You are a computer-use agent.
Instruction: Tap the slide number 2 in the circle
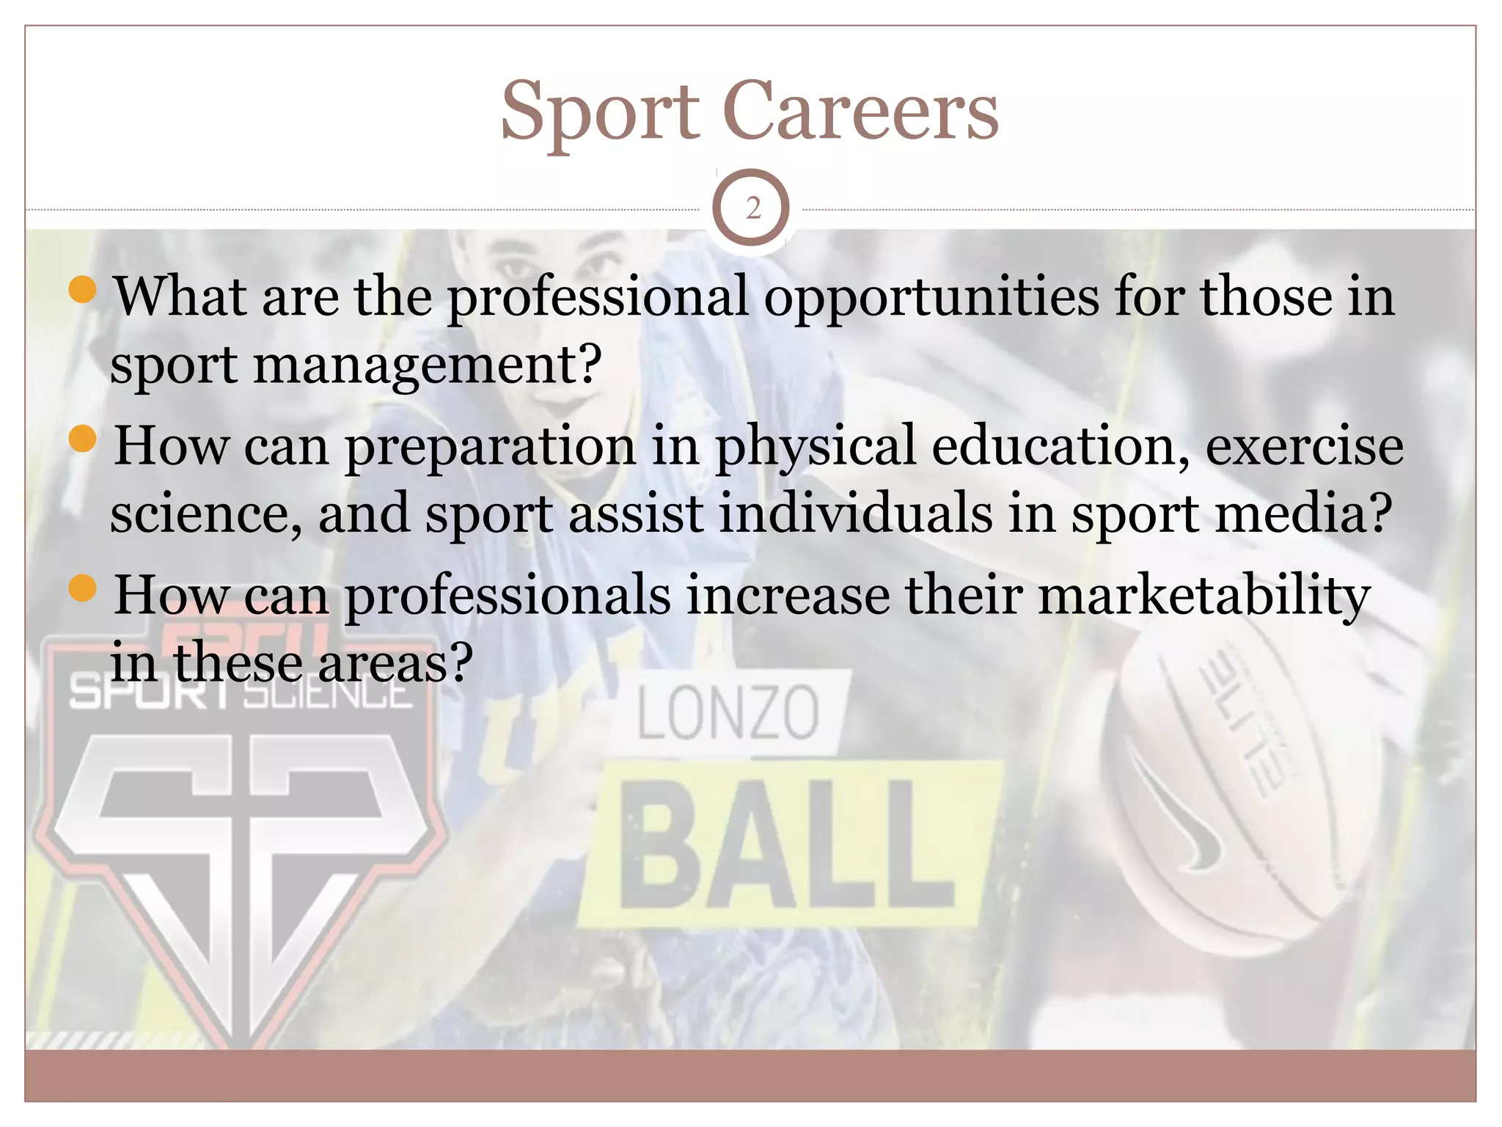tap(752, 209)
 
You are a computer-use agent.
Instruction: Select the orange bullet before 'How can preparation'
tap(82, 440)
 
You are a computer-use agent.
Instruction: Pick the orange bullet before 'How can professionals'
tap(82, 588)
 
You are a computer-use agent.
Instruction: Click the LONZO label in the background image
tap(727, 713)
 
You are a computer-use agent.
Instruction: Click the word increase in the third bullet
tap(788, 594)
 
